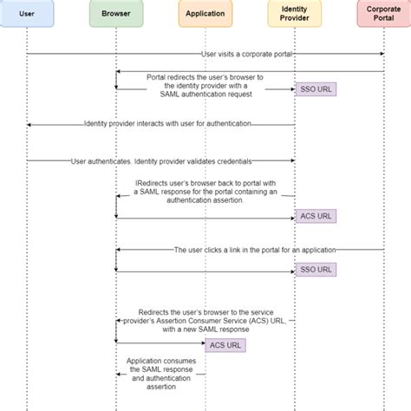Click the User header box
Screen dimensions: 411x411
(x=26, y=14)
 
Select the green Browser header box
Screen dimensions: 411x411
(x=115, y=14)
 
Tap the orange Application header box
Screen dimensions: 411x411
(x=205, y=14)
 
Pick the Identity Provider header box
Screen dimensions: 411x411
(x=295, y=14)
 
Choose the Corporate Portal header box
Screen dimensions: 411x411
(x=383, y=14)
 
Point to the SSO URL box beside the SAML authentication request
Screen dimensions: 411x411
(x=315, y=89)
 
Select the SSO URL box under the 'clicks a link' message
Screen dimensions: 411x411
(x=315, y=270)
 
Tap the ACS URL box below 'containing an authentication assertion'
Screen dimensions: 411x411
(x=315, y=216)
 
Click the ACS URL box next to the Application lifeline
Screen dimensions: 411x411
(x=225, y=344)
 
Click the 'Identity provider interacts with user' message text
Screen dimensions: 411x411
(x=167, y=124)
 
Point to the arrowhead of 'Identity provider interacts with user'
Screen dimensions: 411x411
(x=29, y=124)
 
